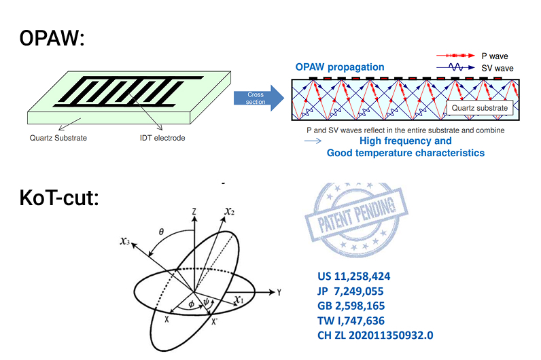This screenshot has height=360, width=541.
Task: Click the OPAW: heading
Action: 52,39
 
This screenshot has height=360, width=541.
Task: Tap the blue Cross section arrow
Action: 258,98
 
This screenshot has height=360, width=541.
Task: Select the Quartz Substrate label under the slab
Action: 58,139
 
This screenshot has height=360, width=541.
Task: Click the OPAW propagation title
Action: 339,67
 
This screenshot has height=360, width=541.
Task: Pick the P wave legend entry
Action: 493,56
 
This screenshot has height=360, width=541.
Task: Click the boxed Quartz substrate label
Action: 481,107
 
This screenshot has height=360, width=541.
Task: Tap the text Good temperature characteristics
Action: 406,153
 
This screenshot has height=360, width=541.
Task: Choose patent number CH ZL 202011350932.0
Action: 375,335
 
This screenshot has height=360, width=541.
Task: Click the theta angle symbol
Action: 161,232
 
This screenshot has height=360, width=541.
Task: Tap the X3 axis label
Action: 123,241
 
